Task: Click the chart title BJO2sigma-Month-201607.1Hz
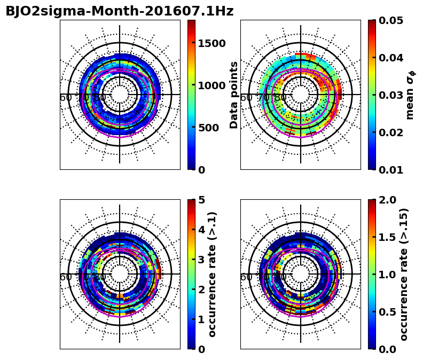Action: (120, 11)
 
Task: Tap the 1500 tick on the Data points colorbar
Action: (211, 43)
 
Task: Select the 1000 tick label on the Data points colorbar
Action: (211, 85)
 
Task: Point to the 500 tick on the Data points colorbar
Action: (208, 128)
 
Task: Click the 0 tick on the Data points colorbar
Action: (201, 170)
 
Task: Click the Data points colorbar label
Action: (234, 95)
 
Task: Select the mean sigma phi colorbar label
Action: (410, 95)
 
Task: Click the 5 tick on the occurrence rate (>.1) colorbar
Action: (201, 200)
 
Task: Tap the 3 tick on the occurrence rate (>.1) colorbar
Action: (201, 260)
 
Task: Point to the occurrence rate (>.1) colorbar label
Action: (213, 274)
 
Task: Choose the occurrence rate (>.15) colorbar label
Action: (404, 274)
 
